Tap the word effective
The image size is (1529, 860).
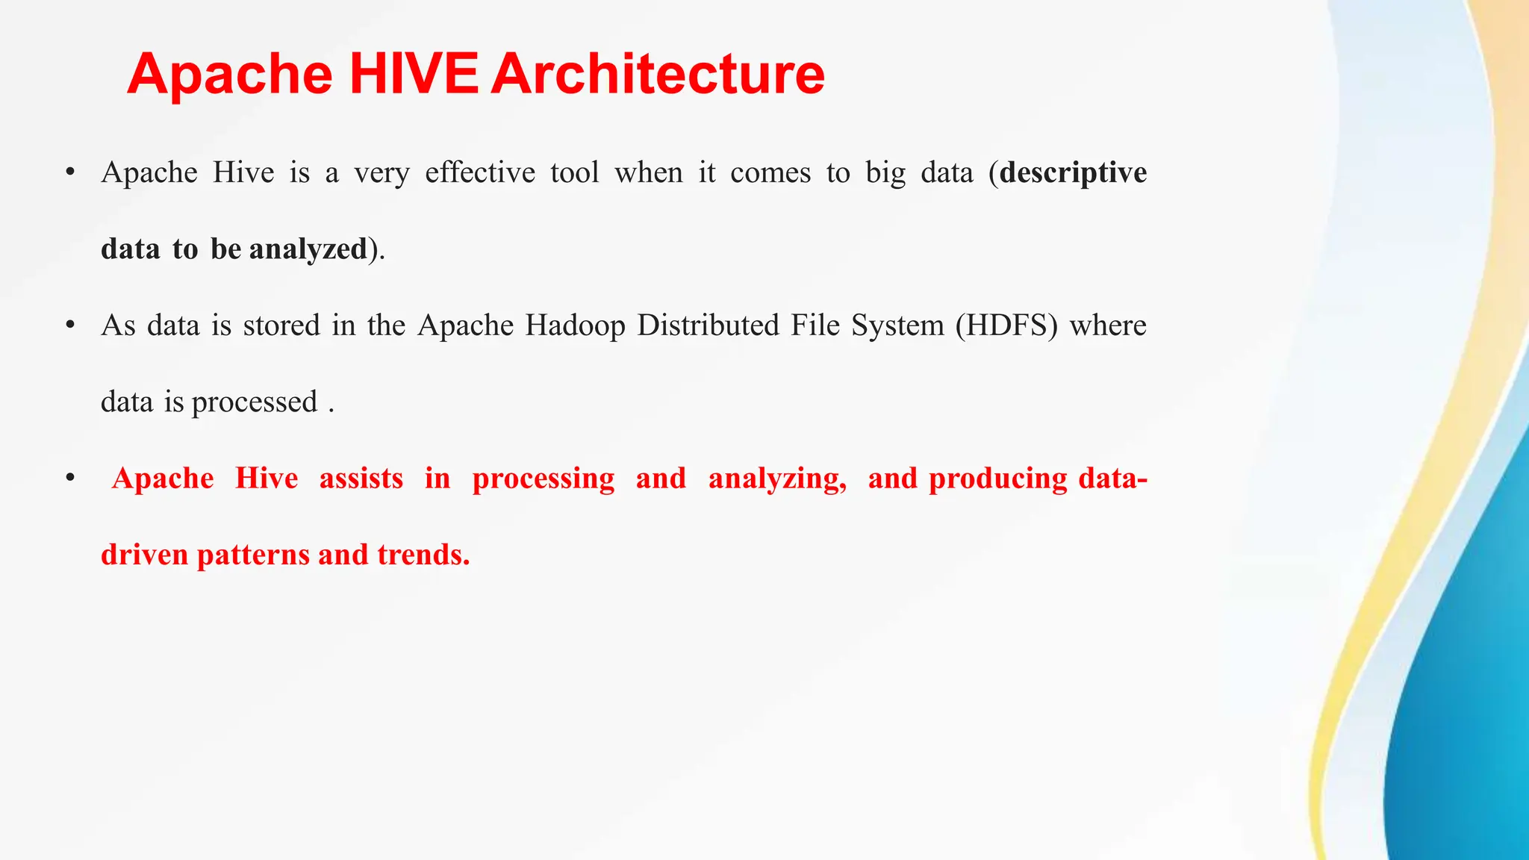pos(480,173)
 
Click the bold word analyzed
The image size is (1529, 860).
pos(308,249)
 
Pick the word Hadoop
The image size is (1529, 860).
pos(575,326)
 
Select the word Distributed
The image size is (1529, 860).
pos(708,326)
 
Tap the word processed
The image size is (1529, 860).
pos(255,402)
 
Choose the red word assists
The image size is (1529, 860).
pos(361,479)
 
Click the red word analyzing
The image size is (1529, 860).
pos(777,479)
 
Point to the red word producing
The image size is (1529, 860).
pos(998,479)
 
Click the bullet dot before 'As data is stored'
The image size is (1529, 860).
pos(70,325)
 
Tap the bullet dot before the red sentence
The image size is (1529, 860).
pos(70,478)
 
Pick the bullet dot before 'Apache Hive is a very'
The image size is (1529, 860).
pos(70,172)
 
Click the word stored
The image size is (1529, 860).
pos(281,326)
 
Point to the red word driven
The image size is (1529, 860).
pos(144,555)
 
